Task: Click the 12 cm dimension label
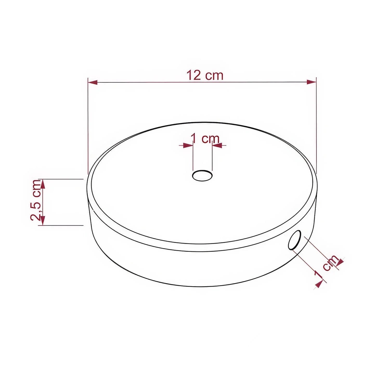tap(205, 75)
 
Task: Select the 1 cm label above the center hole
tap(205, 139)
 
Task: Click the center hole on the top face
tap(202, 176)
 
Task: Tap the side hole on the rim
tap(295, 240)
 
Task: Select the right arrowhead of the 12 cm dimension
tap(311, 82)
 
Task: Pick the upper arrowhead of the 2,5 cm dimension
tap(43, 184)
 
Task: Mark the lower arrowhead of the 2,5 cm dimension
tap(43, 221)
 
